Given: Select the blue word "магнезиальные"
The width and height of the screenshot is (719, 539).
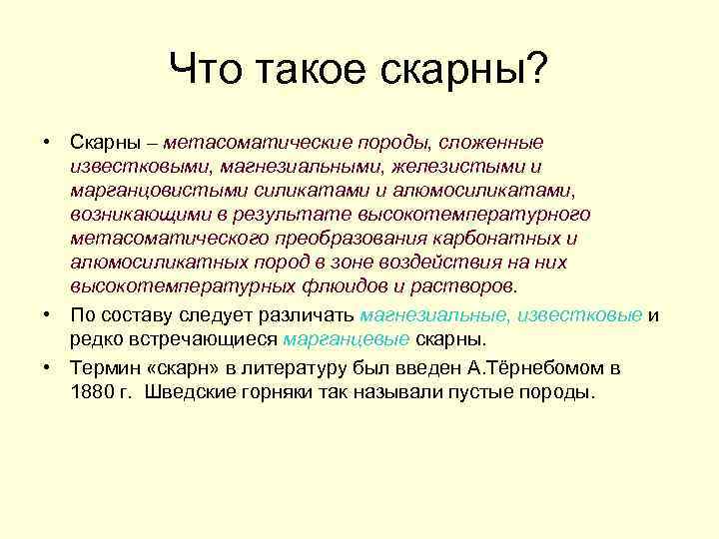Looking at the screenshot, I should (432, 315).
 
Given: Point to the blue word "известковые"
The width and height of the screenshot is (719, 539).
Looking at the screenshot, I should (579, 315).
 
